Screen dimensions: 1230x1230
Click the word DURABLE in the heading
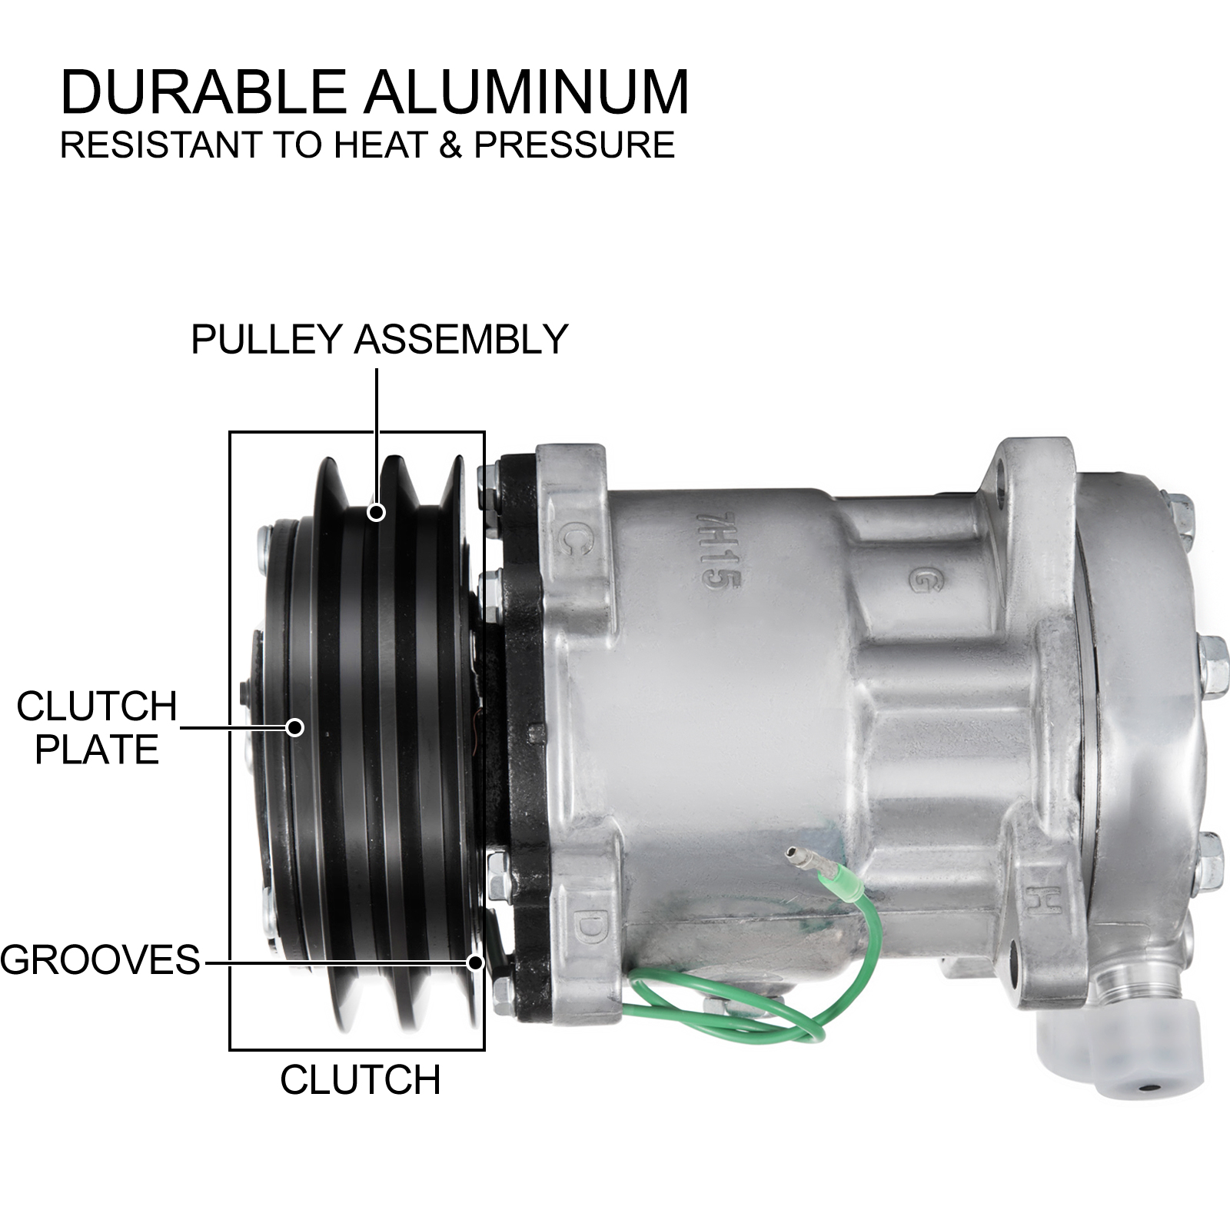(203, 93)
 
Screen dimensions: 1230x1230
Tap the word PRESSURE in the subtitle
(573, 145)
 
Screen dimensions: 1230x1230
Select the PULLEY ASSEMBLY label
(379, 339)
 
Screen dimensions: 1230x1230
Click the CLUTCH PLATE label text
(97, 727)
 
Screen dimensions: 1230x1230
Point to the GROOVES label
(100, 960)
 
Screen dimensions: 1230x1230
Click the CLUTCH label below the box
(360, 1080)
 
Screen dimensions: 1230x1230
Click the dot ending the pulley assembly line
(376, 511)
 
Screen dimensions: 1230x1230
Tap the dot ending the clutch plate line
(295, 726)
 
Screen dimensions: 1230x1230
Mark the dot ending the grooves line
(476, 962)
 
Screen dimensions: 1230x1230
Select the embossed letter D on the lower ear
(587, 928)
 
